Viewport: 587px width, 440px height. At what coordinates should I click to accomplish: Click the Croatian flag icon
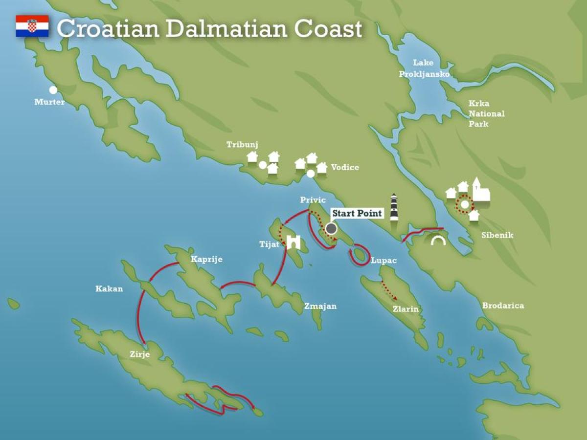[x=32, y=26]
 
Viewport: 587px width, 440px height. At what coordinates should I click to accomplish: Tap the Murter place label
[x=49, y=102]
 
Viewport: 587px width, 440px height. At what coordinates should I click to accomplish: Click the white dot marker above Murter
[x=53, y=90]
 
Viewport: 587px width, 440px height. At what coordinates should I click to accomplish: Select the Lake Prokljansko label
[x=424, y=68]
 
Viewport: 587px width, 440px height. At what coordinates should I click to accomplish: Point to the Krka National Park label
[x=486, y=113]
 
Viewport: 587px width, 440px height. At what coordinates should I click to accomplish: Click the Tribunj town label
[x=242, y=144]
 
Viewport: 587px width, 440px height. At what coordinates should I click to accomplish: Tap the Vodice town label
[x=345, y=167]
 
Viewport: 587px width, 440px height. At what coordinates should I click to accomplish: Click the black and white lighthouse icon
[x=394, y=207]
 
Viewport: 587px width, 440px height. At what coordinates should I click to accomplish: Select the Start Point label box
[x=357, y=213]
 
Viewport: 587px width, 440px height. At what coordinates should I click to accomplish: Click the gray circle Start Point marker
[x=331, y=228]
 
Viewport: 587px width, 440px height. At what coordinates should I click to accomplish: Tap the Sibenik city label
[x=497, y=235]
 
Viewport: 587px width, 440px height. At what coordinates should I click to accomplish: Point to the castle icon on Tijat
[x=293, y=242]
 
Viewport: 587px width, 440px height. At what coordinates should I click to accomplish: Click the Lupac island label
[x=384, y=261]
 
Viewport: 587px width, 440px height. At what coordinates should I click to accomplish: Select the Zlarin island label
[x=406, y=309]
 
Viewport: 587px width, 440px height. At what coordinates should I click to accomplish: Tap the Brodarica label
[x=503, y=306]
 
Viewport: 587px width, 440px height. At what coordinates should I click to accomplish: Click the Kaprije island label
[x=207, y=259]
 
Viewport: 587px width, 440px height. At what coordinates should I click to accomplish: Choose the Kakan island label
[x=109, y=289]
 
